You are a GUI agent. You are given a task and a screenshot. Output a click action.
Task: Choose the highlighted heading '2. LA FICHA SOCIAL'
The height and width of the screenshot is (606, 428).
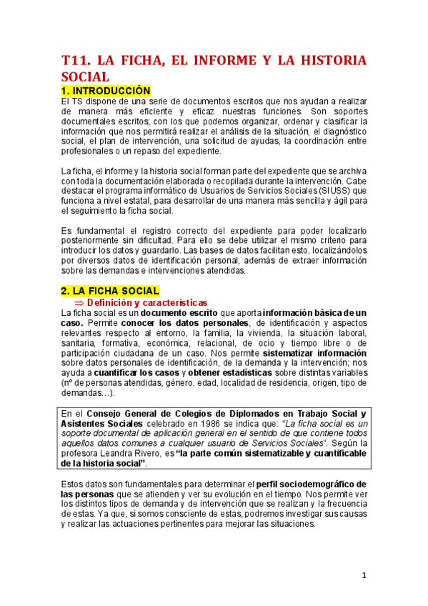[x=109, y=291]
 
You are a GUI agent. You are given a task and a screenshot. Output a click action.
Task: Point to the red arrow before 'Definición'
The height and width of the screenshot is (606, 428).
[x=79, y=302]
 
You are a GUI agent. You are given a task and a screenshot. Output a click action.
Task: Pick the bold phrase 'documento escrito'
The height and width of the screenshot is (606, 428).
[x=180, y=313]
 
